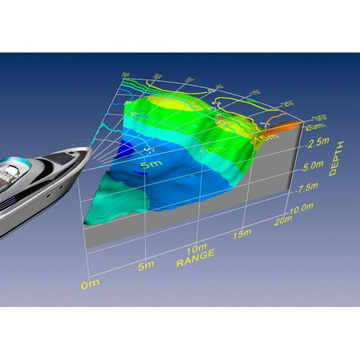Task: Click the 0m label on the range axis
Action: (x=89, y=283)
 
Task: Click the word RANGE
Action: (x=194, y=260)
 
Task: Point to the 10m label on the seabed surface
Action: (x=211, y=151)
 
